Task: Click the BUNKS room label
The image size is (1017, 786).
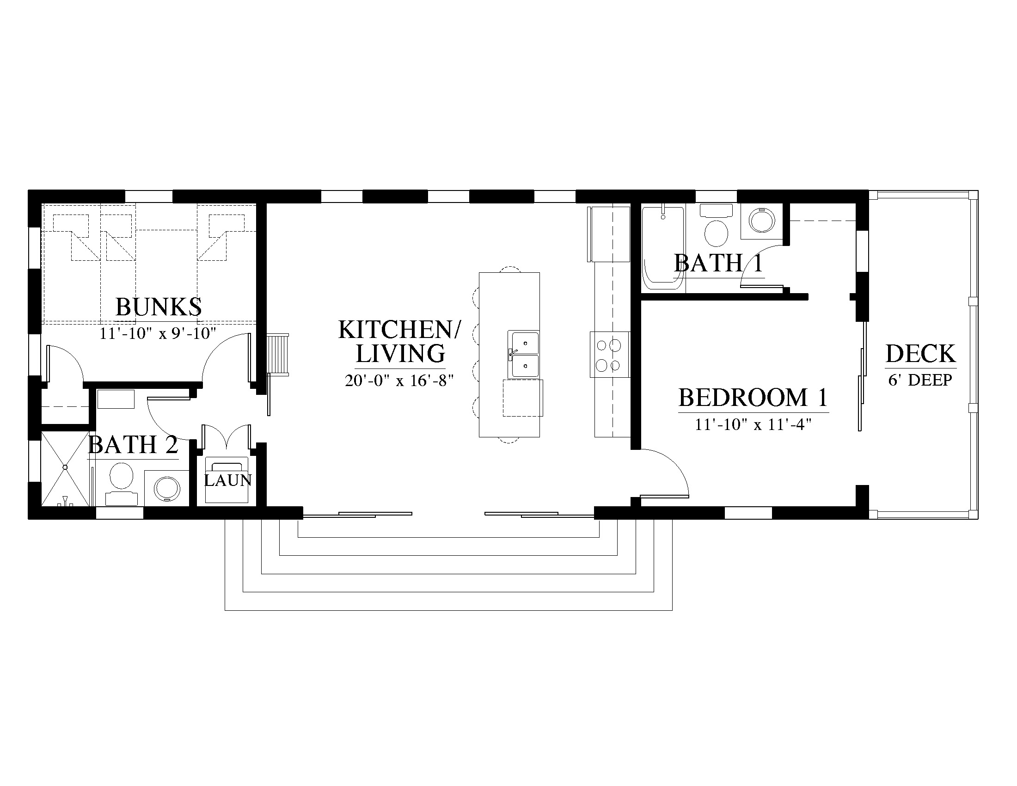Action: (158, 307)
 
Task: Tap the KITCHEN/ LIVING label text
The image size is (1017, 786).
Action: (399, 341)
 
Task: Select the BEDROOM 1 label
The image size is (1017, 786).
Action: (753, 397)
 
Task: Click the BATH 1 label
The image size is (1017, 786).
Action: (718, 263)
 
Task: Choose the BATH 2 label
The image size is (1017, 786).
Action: (133, 445)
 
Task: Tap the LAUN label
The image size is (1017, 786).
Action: (228, 480)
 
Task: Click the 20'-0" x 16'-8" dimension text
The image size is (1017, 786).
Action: (399, 381)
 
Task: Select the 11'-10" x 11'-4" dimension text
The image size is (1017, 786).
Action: (753, 424)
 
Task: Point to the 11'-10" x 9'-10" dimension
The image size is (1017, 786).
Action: (158, 333)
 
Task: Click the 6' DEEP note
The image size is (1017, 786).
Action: (920, 380)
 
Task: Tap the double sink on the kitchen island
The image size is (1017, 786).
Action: (525, 354)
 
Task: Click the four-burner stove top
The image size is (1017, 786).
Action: (610, 354)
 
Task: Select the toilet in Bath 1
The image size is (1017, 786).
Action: (716, 225)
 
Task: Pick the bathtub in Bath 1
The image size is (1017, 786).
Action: (663, 248)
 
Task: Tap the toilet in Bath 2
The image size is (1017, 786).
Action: (122, 484)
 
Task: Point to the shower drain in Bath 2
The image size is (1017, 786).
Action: (65, 467)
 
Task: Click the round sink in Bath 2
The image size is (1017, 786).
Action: (167, 488)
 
